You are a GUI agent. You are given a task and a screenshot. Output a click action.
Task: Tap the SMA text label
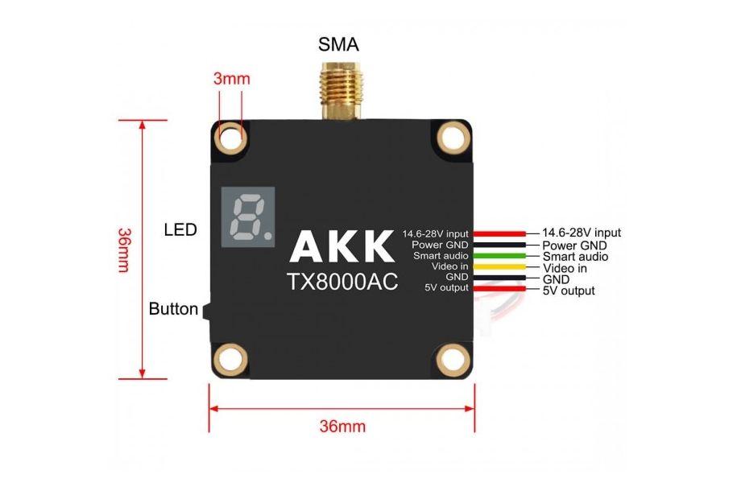[338, 44]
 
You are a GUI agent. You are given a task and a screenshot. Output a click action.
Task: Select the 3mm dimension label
[232, 79]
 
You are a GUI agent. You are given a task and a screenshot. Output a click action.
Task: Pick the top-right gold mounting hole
[453, 138]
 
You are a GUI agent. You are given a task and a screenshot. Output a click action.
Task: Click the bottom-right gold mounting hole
[453, 357]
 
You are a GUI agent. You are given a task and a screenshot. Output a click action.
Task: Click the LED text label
[180, 230]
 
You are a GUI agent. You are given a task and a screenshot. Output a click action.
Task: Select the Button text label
[173, 309]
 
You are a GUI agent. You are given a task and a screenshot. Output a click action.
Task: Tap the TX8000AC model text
[342, 283]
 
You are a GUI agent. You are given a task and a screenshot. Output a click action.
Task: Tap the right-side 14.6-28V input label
[582, 233]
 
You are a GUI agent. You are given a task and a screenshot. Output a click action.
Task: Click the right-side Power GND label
[574, 245]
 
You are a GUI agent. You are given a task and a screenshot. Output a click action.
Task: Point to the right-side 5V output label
[569, 291]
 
